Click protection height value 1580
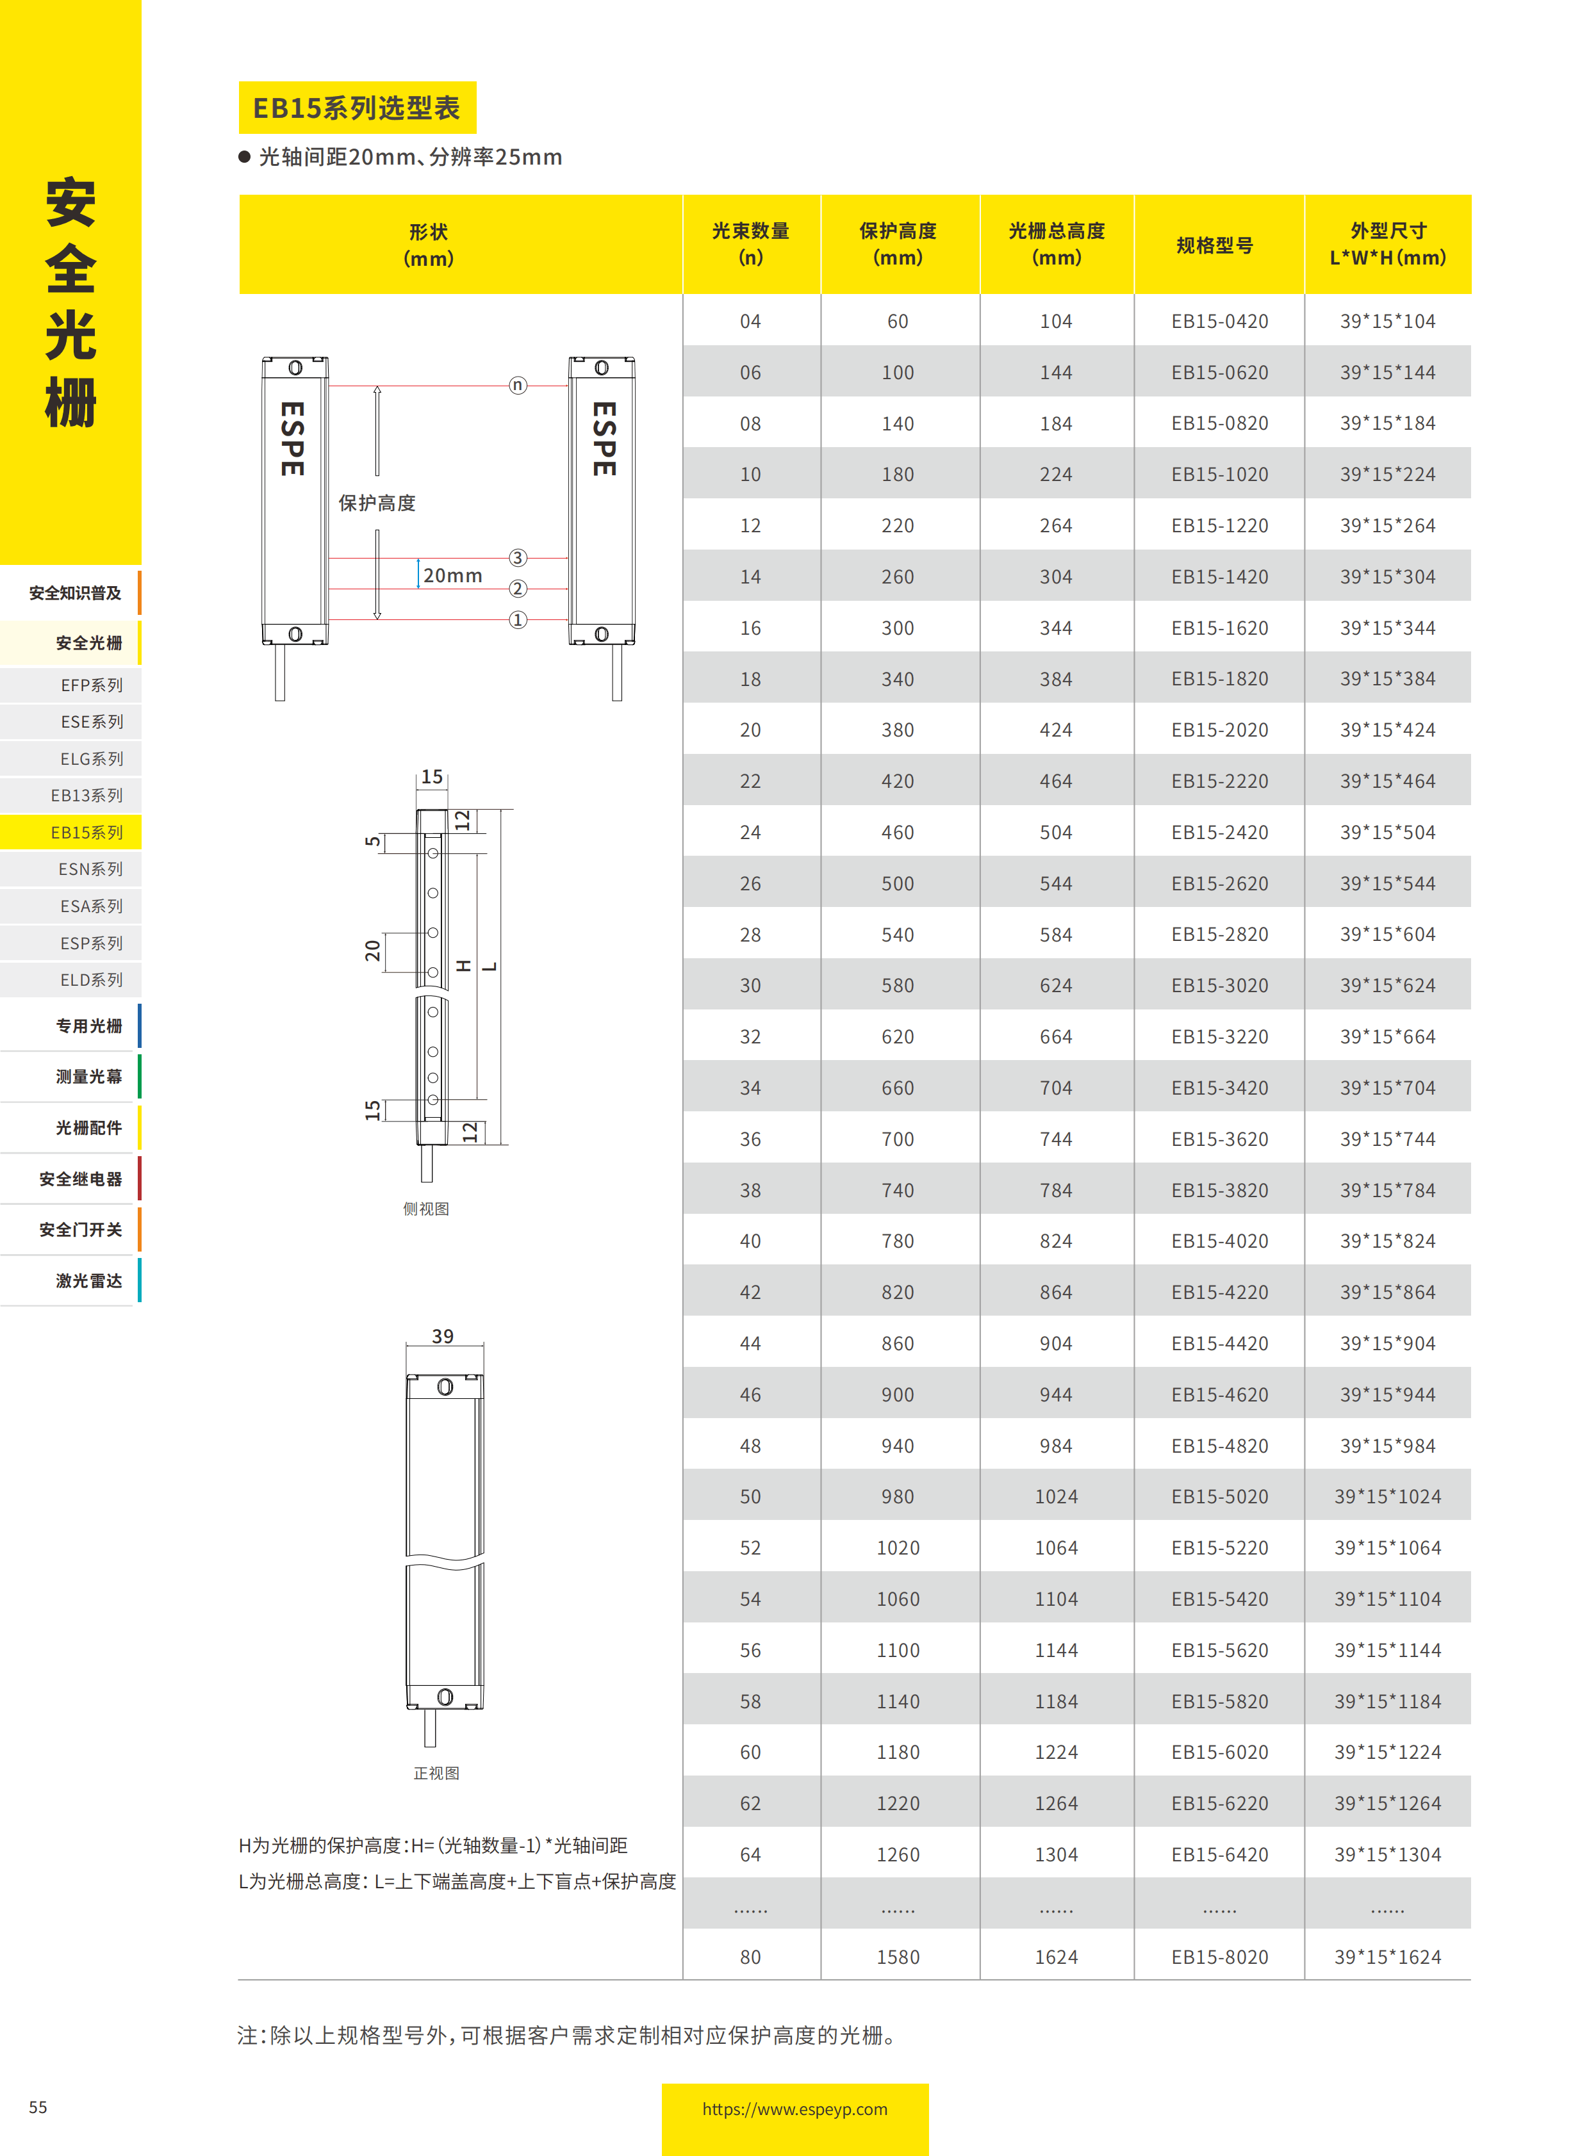[898, 1957]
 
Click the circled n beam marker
[518, 386]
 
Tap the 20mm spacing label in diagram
[452, 576]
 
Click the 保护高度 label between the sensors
[377, 503]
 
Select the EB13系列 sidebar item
[86, 796]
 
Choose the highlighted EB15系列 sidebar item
[86, 833]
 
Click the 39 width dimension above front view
[443, 1335]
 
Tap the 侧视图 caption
[426, 1209]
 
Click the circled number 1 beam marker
[518, 620]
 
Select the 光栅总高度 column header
[1056, 244]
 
